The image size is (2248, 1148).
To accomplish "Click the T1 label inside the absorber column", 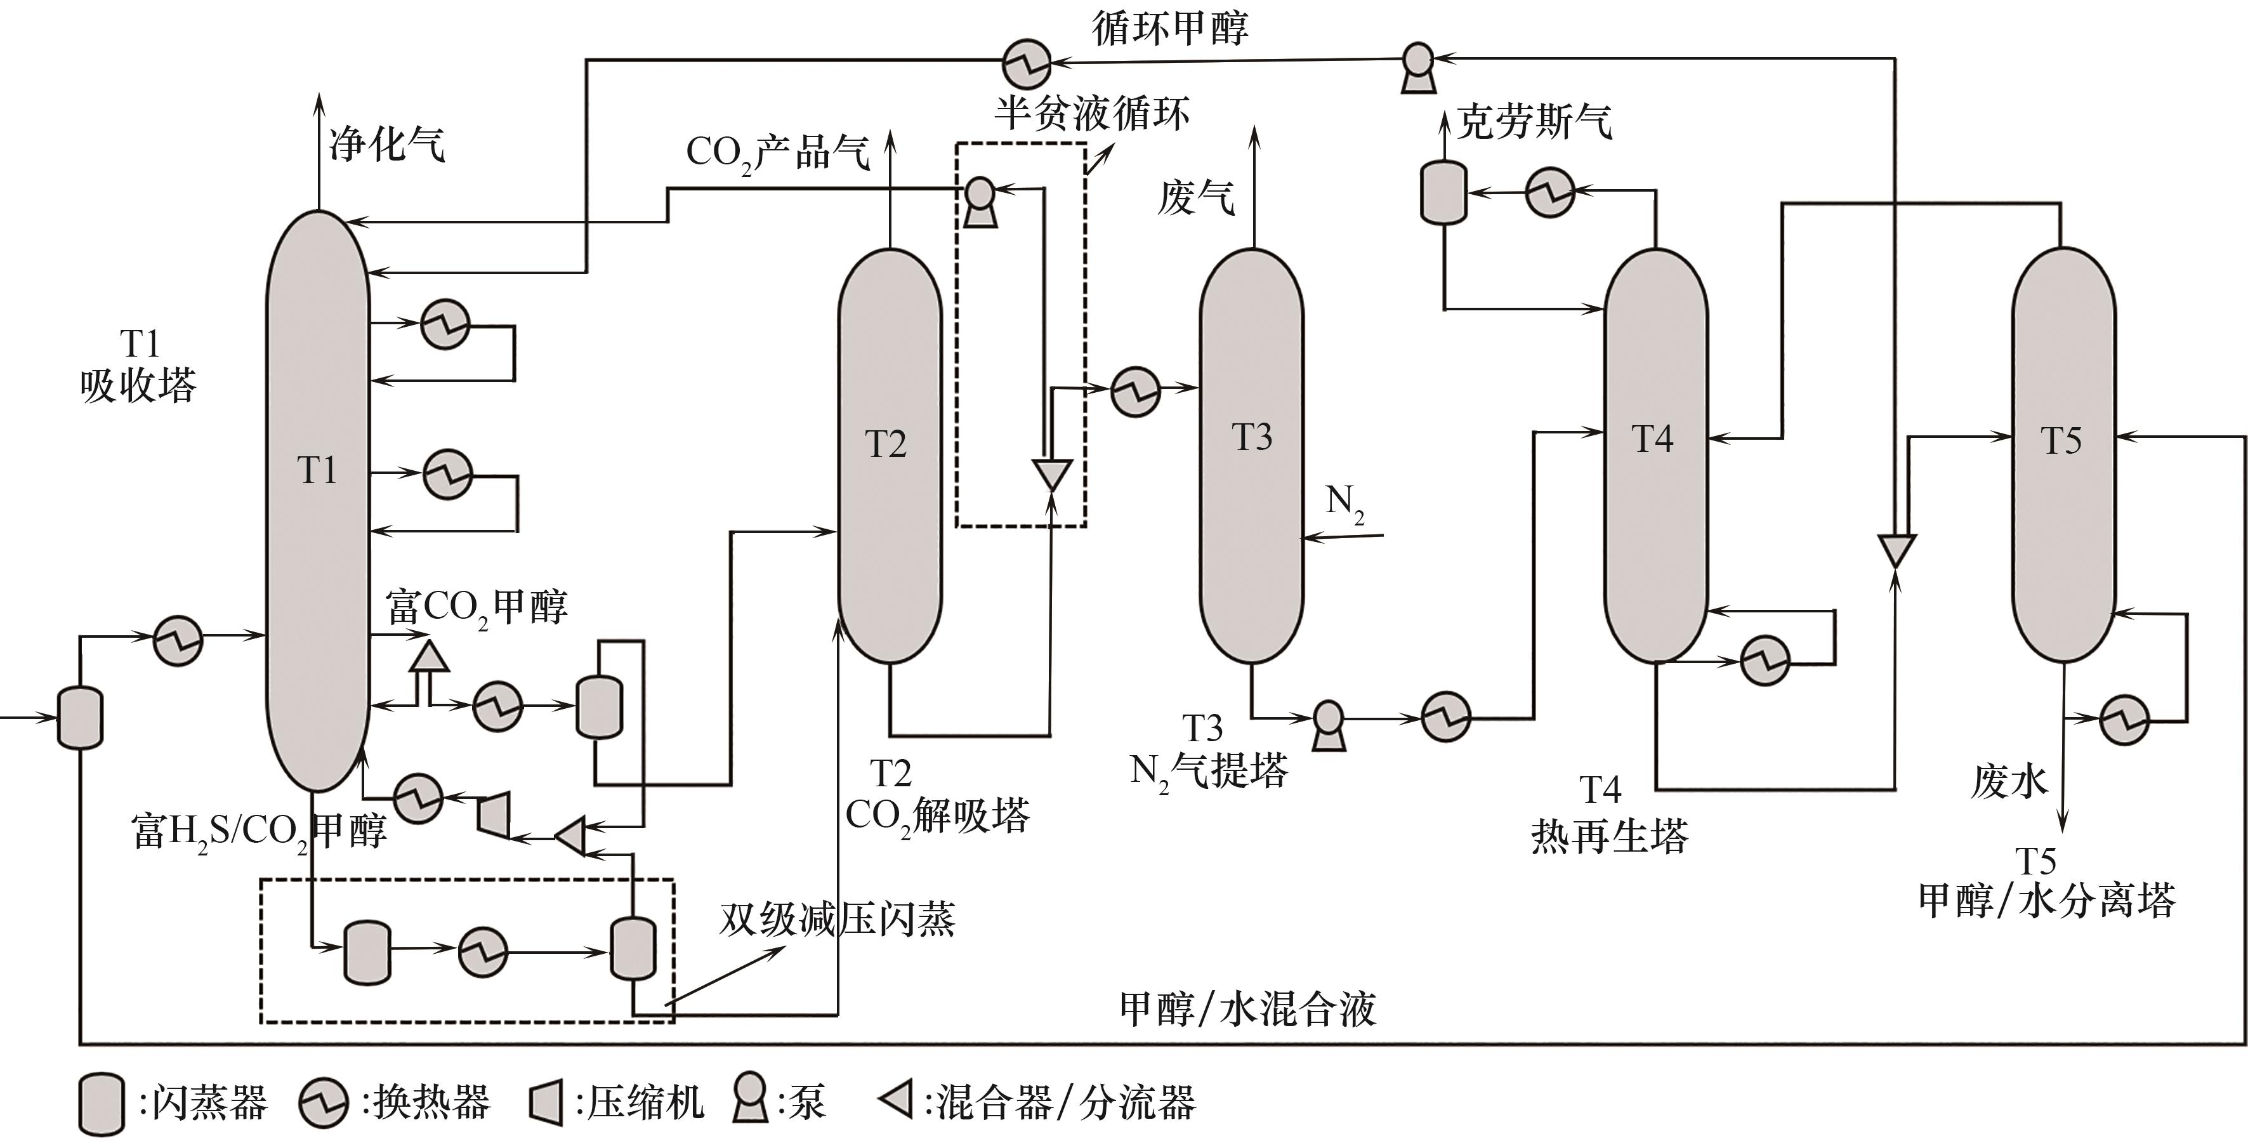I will [x=317, y=470].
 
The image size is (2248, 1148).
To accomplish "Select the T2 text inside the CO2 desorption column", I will [x=886, y=444].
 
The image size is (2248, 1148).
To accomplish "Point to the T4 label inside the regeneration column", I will [x=1652, y=439].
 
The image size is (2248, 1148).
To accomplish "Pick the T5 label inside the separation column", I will [x=2061, y=441].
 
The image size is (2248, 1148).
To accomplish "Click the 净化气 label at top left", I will [x=386, y=144].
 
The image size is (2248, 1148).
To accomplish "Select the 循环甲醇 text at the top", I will [x=1170, y=28].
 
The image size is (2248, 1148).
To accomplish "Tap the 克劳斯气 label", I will [x=1534, y=122].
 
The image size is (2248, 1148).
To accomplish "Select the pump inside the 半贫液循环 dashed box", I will [x=980, y=202].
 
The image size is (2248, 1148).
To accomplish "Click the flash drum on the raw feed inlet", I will [x=79, y=718].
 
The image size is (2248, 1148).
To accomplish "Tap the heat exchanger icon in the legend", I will [x=324, y=1104].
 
